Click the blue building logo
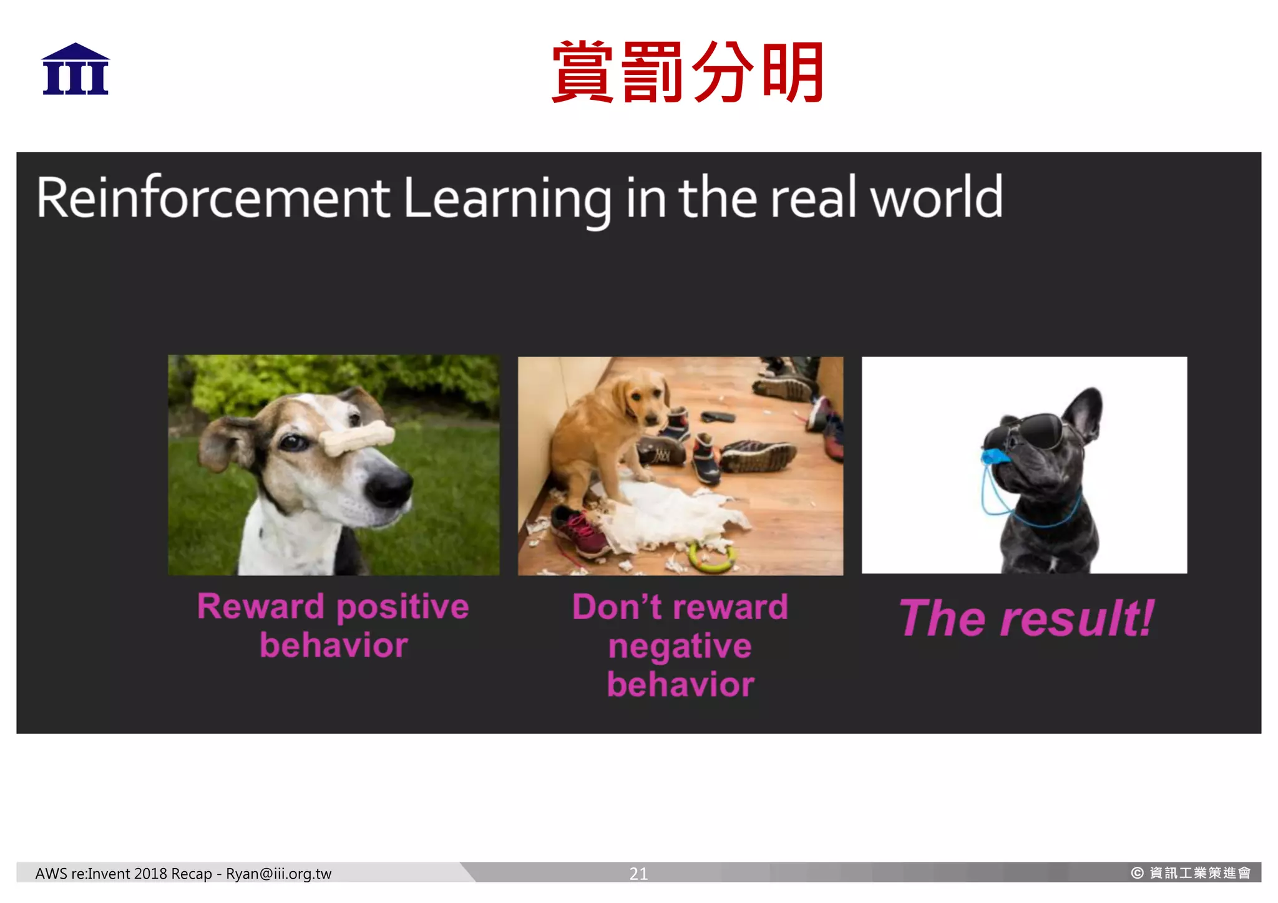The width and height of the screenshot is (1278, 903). tap(76, 69)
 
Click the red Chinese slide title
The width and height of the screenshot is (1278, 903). tap(688, 72)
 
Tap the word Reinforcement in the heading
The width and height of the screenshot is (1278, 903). tap(213, 198)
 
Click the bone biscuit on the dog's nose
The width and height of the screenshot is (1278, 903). tap(357, 438)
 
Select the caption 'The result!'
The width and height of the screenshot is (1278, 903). tap(1026, 618)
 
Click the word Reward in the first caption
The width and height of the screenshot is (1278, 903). tap(261, 607)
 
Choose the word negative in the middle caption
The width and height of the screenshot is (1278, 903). tap(680, 646)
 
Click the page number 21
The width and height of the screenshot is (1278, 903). tap(638, 873)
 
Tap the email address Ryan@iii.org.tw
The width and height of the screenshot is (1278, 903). tap(278, 873)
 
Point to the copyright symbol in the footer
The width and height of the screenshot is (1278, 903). tap(1137, 872)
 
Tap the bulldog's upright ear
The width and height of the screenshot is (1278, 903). tap(1084, 412)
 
